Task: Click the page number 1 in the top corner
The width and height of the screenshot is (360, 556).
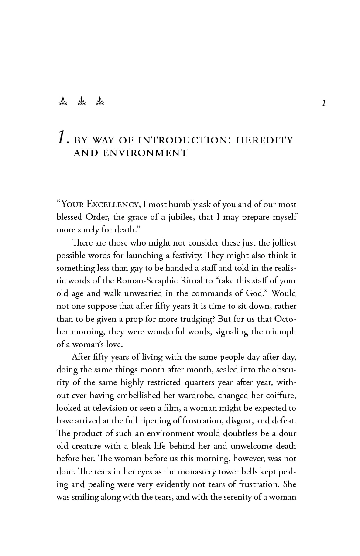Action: coord(324,103)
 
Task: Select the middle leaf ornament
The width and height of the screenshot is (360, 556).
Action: coord(82,102)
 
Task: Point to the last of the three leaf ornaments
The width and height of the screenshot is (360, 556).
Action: coord(100,102)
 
